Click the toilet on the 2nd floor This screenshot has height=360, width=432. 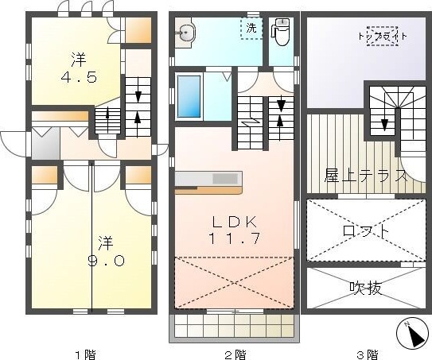point(281,32)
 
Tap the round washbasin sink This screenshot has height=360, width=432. point(185,33)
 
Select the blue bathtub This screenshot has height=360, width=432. point(189,96)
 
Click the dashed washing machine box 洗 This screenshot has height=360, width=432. point(251,29)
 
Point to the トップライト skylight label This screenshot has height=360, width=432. point(383,36)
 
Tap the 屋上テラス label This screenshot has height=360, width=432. point(366,175)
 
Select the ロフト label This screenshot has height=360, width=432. point(366,230)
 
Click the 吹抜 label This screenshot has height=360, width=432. point(366,288)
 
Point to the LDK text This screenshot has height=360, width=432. point(235,222)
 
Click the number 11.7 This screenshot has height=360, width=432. point(235,238)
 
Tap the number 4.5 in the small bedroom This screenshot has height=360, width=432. point(79,77)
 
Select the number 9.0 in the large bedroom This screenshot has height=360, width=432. point(106,260)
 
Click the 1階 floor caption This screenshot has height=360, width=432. point(85,354)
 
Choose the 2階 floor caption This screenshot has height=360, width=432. point(235,354)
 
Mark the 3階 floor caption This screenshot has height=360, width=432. point(368,354)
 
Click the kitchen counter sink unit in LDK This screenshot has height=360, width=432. point(208,183)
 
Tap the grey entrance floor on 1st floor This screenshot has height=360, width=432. point(45,143)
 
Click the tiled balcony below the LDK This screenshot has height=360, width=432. point(234,328)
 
